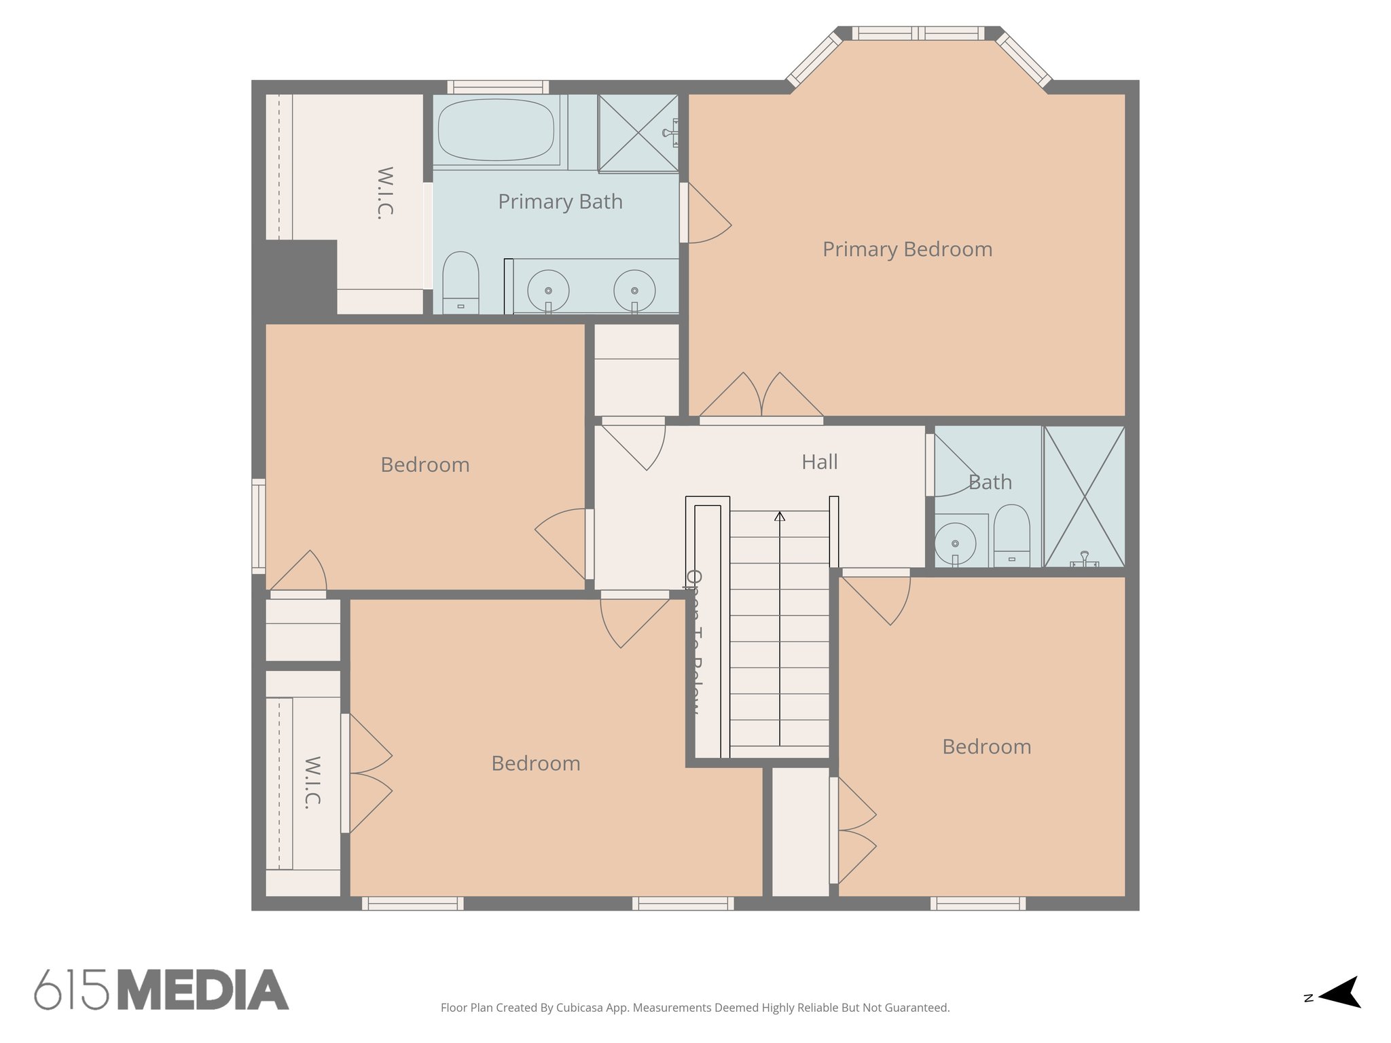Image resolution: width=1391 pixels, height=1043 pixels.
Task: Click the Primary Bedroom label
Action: click(907, 249)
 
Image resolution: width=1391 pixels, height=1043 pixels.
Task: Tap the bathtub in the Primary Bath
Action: click(496, 130)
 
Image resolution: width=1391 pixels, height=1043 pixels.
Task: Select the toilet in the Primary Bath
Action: click(460, 282)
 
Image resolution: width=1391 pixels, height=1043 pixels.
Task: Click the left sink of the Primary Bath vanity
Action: click(548, 291)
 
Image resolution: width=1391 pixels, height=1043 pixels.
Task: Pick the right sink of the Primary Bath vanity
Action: click(634, 291)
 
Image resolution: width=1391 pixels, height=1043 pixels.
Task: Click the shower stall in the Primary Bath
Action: click(638, 133)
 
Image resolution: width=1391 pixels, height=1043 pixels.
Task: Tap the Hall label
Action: click(819, 462)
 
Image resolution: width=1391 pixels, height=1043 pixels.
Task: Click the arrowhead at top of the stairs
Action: click(780, 517)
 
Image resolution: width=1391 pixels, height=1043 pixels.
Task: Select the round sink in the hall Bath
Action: click(955, 543)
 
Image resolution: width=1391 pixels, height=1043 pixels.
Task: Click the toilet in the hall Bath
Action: click(1011, 534)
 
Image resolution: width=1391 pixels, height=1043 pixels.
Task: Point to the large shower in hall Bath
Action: click(1084, 496)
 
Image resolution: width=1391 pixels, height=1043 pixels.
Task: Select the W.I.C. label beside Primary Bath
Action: click(385, 193)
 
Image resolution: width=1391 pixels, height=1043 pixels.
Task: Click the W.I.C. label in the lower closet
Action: click(312, 782)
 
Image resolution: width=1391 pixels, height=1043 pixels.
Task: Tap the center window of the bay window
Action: click(918, 33)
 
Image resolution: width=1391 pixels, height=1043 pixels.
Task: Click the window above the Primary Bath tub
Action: click(498, 87)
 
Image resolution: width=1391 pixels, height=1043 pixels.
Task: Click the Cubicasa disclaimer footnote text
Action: click(695, 1008)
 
